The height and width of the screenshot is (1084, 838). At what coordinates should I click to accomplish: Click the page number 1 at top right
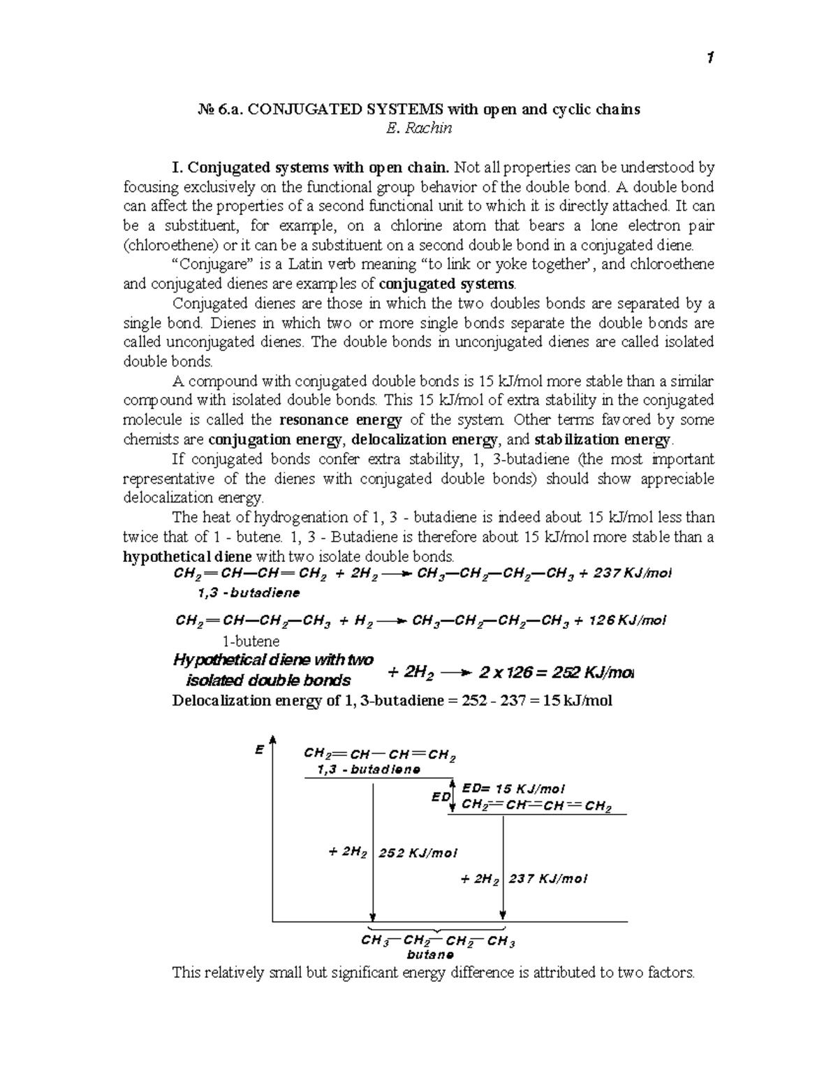coord(710,59)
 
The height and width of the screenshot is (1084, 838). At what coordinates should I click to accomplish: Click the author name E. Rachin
coord(419,128)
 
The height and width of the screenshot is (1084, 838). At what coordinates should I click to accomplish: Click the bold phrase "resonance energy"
coord(340,420)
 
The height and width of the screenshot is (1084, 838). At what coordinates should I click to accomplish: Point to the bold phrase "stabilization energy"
coord(602,440)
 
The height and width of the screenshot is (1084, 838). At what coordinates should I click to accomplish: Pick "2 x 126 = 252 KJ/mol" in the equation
coord(555,673)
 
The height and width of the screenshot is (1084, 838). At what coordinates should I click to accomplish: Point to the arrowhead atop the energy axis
coord(273,740)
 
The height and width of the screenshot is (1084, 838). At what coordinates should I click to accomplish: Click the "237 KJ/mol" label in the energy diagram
coord(547,879)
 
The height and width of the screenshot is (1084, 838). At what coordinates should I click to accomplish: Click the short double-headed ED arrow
coord(453,796)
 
